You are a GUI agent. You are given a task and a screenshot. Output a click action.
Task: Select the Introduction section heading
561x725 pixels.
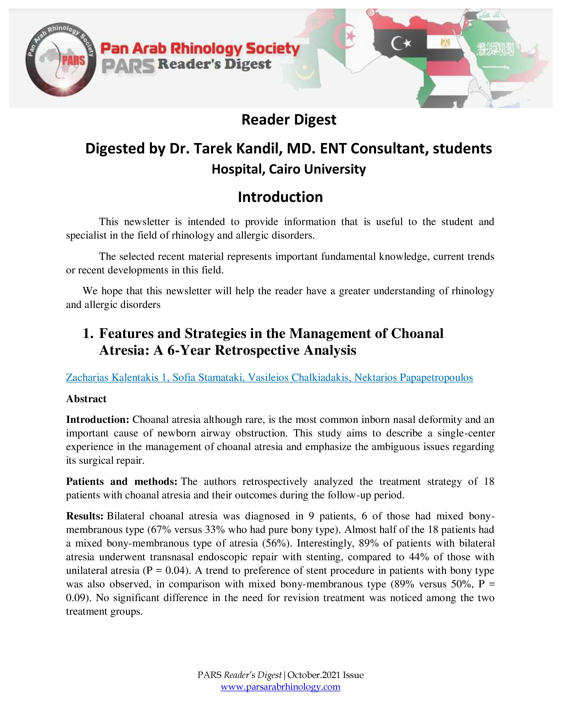[280, 197]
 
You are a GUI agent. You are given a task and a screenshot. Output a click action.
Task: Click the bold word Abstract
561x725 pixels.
[86, 399]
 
